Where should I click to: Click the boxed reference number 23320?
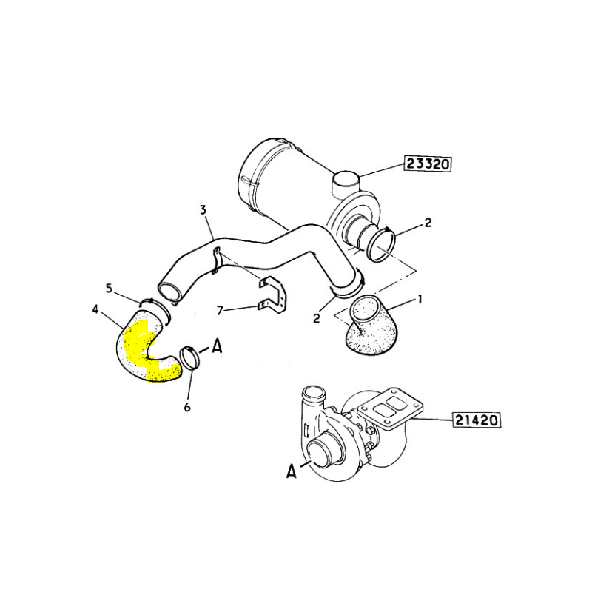(428, 164)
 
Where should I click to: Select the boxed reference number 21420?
(477, 420)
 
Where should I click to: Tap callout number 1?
(419, 300)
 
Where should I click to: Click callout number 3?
(203, 210)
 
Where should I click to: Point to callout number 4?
(95, 309)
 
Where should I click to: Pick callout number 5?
(109, 289)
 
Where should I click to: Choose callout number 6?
(187, 408)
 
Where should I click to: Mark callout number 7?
(221, 311)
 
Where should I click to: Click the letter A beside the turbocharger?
(291, 471)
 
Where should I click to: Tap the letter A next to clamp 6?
(216, 346)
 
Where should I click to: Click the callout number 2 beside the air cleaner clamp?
(428, 223)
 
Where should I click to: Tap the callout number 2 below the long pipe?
(317, 318)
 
